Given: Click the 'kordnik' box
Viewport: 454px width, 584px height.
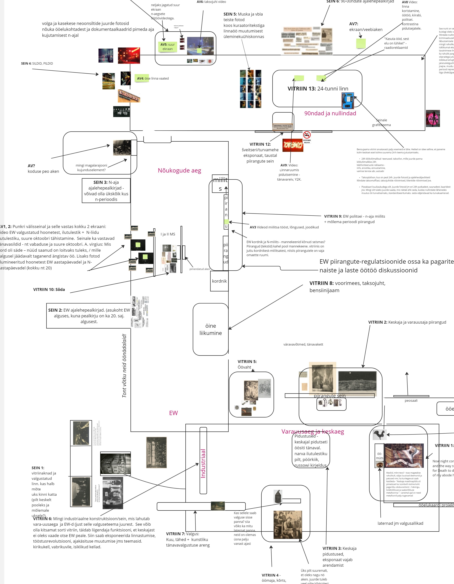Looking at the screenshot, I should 219,281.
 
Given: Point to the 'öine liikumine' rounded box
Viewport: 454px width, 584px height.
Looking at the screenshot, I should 211,329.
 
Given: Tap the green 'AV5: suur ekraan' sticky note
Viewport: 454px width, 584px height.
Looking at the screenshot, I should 168,46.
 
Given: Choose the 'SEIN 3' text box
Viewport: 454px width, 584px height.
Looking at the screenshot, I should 106,191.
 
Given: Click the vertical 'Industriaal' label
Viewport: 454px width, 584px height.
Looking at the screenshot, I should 203,463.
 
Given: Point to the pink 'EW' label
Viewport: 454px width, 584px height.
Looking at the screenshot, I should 173,413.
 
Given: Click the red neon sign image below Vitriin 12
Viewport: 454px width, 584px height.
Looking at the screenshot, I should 293,145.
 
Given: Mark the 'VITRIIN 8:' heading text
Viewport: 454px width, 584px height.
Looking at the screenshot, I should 322,283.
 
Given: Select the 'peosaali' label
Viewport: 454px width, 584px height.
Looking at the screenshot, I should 411,401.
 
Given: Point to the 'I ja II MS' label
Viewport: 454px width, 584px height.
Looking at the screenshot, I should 168,234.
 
